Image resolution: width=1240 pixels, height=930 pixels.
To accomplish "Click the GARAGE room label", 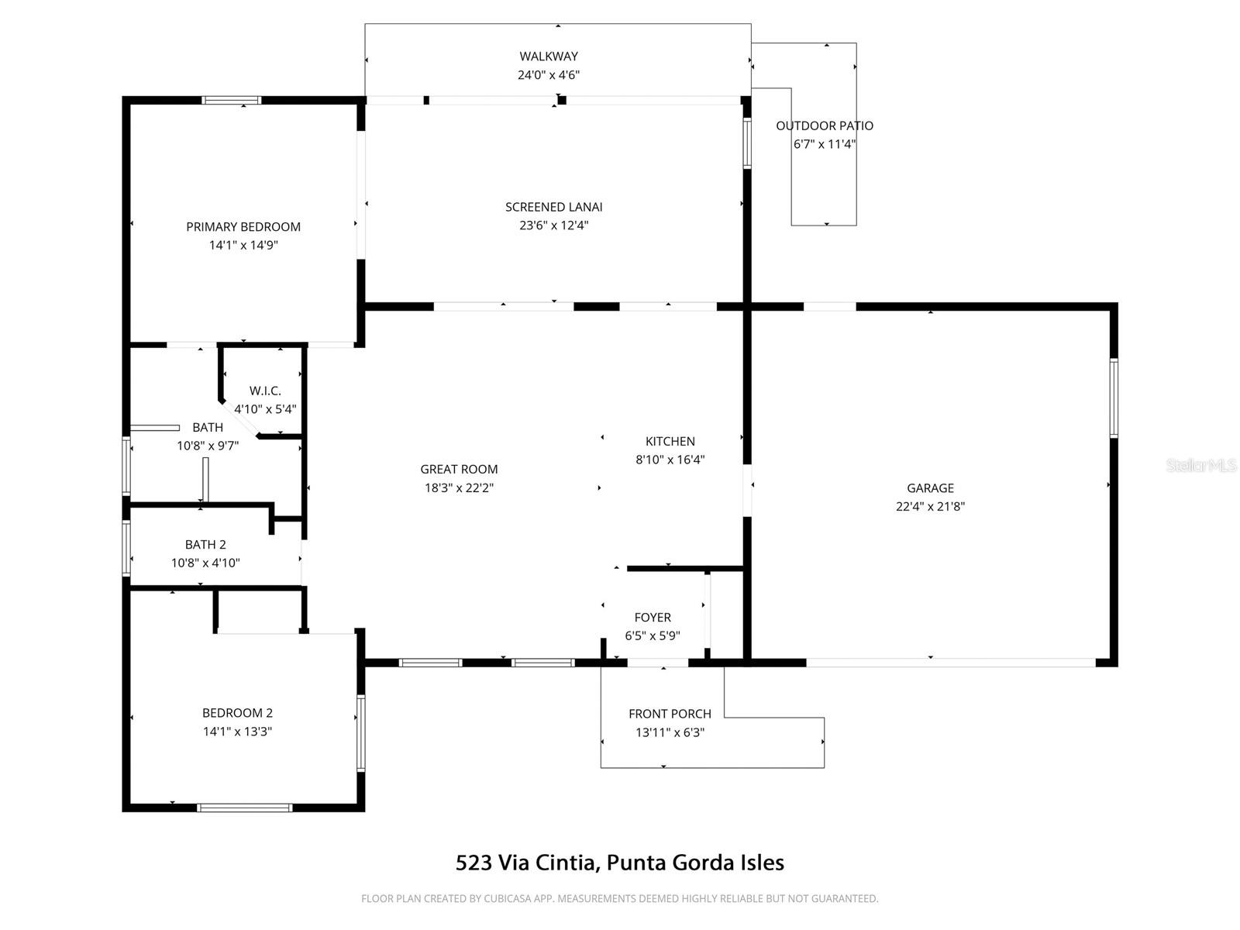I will click(930, 487).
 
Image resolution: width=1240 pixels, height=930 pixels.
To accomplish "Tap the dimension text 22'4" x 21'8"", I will click(930, 507).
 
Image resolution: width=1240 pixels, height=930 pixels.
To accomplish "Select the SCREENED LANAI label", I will click(553, 207).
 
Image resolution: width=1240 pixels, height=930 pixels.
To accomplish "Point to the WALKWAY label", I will click(549, 56).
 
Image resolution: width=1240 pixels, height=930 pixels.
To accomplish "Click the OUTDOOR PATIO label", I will click(825, 126).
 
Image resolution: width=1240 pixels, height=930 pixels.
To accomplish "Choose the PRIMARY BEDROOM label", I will click(243, 226).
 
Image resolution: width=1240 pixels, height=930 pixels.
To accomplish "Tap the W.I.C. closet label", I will click(265, 391).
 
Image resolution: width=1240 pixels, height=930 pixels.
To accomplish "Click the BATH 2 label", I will click(205, 545).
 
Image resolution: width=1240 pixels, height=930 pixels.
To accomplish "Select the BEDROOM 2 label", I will click(237, 713).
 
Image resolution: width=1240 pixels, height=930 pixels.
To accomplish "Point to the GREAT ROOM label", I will click(459, 469).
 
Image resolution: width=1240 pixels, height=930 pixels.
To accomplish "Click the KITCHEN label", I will click(670, 441).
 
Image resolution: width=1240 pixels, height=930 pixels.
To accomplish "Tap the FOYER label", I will click(653, 617).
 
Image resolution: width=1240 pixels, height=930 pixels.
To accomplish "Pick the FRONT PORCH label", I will click(670, 714).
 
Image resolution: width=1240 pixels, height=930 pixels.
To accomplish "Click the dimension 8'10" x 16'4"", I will click(670, 460).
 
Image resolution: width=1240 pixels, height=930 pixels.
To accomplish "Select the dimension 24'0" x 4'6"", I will click(549, 75).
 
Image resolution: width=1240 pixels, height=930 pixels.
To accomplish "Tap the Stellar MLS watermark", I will click(1200, 466).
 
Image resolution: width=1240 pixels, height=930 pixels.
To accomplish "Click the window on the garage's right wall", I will click(1114, 398).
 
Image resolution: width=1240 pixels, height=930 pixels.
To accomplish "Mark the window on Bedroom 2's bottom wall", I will click(245, 808).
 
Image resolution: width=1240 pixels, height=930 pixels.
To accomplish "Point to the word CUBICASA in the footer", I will click(507, 899).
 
